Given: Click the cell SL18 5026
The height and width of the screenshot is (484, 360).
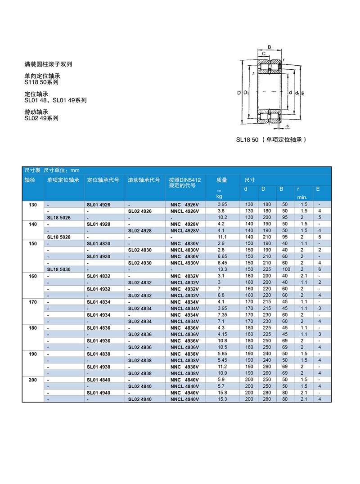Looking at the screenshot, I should (59, 217).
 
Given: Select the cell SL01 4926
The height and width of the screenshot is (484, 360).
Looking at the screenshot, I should (98, 205).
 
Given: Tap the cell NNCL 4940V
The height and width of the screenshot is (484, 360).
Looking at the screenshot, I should (184, 399).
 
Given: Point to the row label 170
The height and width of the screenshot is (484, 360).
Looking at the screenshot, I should (33, 302).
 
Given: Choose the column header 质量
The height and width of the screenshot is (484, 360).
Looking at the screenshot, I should (221, 180).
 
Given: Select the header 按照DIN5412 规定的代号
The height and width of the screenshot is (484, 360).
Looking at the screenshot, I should (184, 183).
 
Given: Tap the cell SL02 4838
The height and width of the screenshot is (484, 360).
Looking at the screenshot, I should (139, 360).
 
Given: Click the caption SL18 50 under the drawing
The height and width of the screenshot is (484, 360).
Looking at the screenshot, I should (271, 140).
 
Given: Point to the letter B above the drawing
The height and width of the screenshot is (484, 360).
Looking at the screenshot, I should (269, 47).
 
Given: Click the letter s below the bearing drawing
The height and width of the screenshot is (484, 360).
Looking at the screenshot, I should (287, 126).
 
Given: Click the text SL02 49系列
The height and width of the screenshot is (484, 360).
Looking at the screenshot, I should (41, 118).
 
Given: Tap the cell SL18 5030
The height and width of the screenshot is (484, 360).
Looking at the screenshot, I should (59, 269).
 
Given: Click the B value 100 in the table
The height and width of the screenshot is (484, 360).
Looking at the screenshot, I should (286, 269).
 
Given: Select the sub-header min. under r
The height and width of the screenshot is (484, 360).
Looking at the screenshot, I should (301, 197).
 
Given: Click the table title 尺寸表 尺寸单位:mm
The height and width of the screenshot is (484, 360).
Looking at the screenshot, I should (51, 170).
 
